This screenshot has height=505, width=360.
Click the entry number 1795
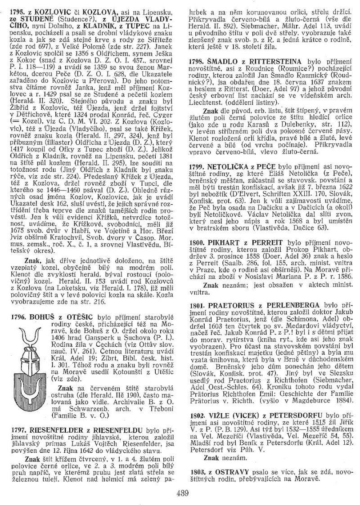[17, 9]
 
